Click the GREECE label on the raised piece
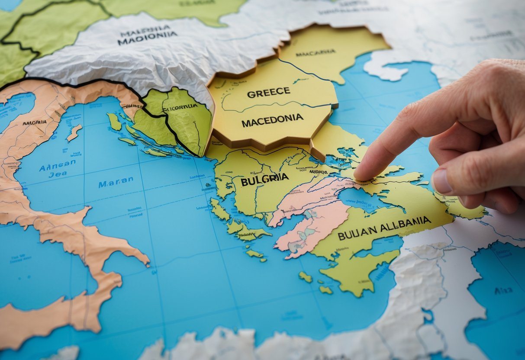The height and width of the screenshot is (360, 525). [268, 92]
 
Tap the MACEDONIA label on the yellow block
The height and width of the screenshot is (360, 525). [272, 120]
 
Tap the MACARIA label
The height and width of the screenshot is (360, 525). [316, 52]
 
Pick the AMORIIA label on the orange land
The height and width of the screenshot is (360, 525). [35, 122]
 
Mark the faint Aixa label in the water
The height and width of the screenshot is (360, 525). [503, 291]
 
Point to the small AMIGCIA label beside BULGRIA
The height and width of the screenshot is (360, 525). [318, 172]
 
